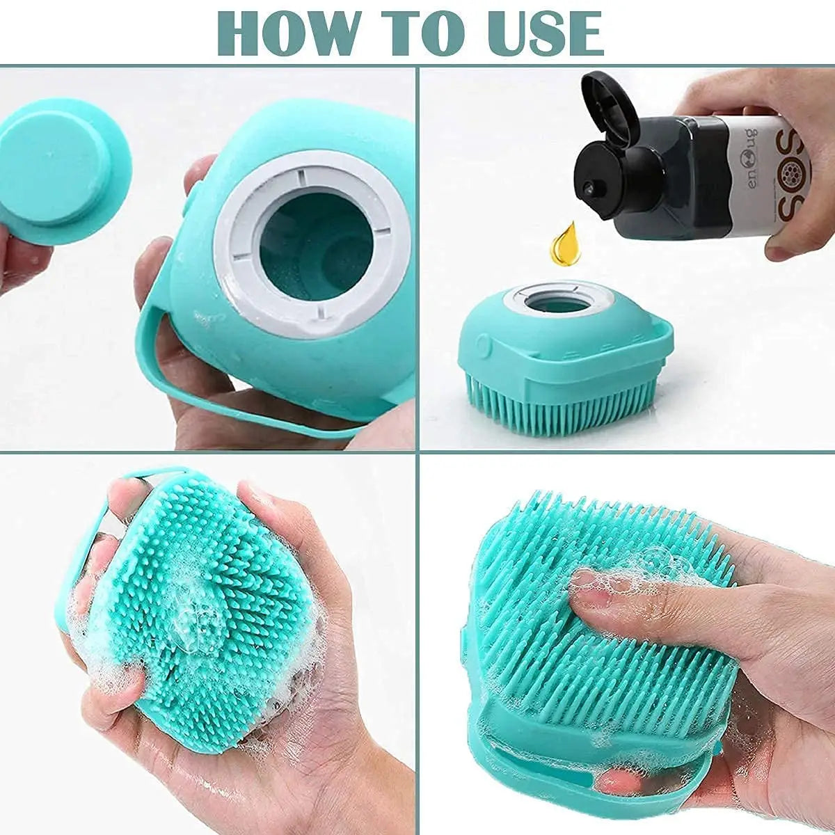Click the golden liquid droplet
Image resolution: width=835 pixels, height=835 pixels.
[565, 245]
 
